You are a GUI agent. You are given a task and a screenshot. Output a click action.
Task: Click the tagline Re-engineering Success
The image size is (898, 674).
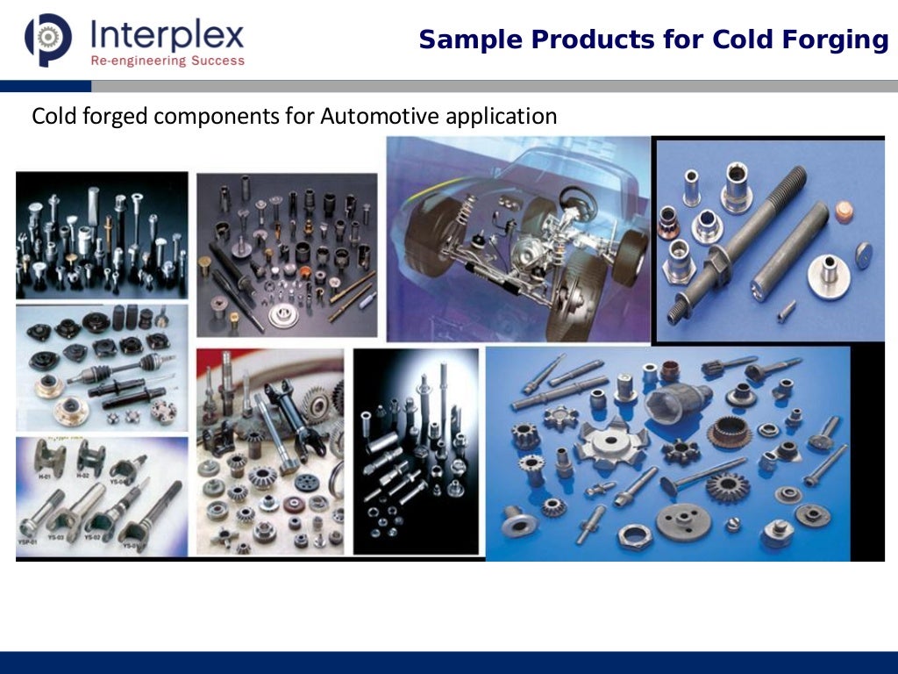167,61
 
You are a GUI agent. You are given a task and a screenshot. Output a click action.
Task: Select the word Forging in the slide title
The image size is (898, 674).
843,40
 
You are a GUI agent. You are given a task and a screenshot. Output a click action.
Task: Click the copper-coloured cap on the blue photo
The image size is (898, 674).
845,212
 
